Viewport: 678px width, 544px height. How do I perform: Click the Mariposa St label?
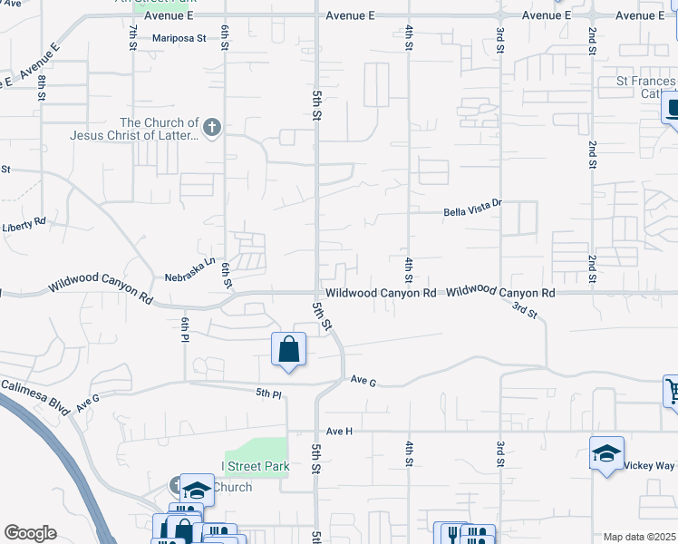(179, 39)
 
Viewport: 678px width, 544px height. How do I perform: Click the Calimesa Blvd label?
(35, 397)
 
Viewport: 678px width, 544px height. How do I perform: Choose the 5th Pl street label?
(269, 393)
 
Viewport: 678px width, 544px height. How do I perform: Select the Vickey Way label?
(649, 465)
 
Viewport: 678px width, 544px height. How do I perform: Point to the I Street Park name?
(256, 466)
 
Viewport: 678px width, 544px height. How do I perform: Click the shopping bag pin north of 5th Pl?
(288, 348)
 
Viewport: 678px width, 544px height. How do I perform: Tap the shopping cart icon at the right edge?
(672, 391)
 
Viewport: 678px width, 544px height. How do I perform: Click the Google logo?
(30, 533)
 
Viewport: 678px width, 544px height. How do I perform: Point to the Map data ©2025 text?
(639, 537)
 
